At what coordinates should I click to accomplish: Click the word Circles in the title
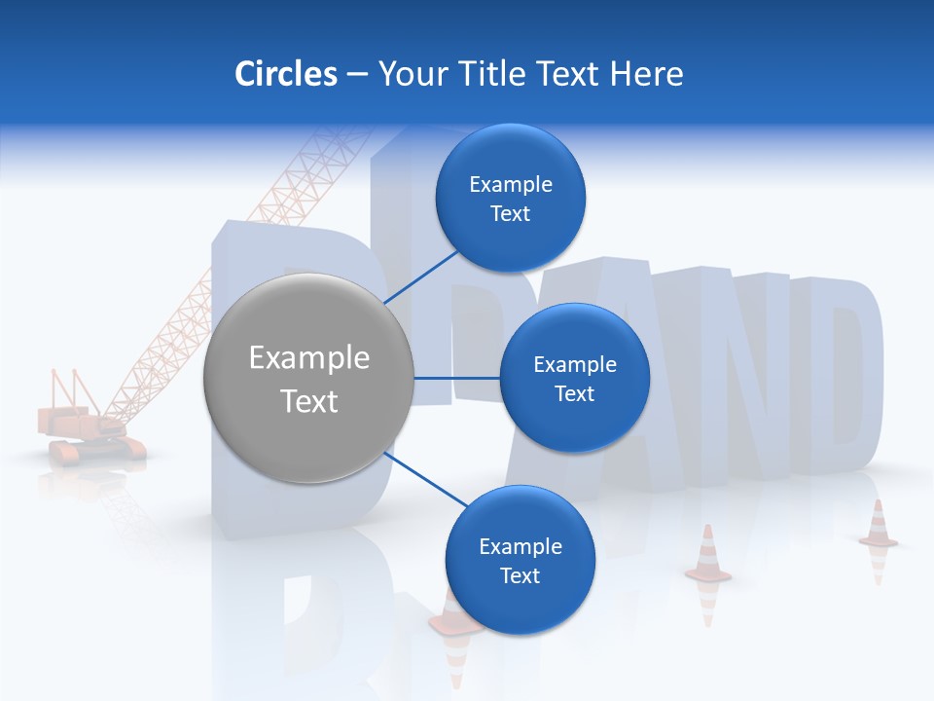[x=286, y=74]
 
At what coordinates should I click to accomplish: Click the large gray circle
[x=308, y=378]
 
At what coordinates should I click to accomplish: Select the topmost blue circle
[x=511, y=198]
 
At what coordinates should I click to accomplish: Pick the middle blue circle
[x=574, y=378]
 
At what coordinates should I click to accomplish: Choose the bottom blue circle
[x=520, y=560]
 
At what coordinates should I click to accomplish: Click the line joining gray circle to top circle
[x=422, y=276]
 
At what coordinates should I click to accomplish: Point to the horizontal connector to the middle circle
[x=456, y=378]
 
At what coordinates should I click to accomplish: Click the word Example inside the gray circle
[x=308, y=357]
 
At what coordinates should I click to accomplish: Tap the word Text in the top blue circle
[x=510, y=213]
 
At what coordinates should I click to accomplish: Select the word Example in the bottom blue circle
[x=520, y=546]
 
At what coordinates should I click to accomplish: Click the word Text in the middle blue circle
[x=574, y=393]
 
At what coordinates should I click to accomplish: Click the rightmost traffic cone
[x=878, y=526]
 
